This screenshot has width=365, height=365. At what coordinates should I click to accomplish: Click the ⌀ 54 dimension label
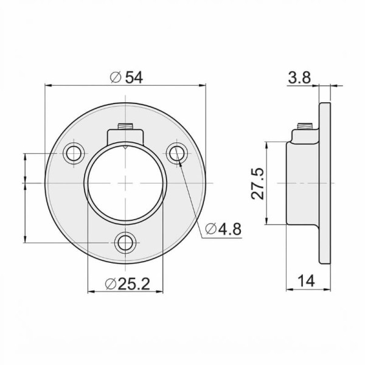[x=126, y=77]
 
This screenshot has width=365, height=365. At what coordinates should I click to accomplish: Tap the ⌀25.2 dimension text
[x=127, y=283]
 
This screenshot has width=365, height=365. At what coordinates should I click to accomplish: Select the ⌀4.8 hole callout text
[x=223, y=229]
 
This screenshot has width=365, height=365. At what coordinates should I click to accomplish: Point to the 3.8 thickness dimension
[x=299, y=77]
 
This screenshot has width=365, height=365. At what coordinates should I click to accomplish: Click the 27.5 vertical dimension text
[x=258, y=184]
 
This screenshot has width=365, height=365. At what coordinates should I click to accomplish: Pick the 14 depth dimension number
[x=307, y=280]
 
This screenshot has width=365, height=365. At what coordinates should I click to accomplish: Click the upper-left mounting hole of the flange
[x=74, y=153]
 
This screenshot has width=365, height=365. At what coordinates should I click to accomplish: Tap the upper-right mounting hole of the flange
[x=177, y=153]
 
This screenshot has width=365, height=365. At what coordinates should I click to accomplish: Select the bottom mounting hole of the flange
[x=125, y=243]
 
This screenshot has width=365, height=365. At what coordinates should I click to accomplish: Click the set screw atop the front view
[x=125, y=127]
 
